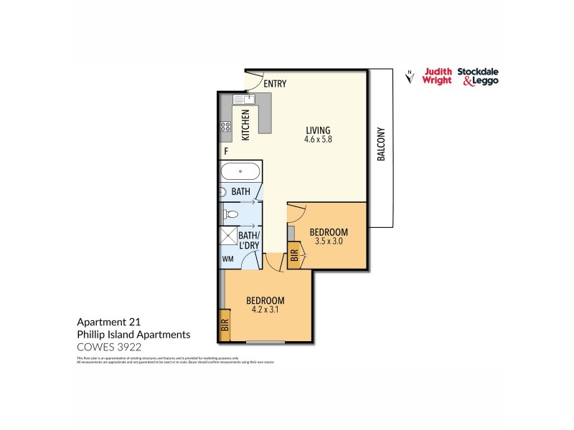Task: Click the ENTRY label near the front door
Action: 275,84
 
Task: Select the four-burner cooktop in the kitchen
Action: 225,128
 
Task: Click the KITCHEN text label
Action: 245,124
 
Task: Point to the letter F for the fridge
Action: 226,152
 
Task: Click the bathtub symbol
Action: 240,172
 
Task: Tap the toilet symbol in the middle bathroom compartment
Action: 231,214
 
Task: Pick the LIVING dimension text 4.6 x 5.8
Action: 317,140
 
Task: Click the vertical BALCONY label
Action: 381,144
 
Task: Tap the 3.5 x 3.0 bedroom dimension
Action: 329,242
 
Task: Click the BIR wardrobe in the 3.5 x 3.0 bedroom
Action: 294,256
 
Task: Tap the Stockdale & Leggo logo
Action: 480,76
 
